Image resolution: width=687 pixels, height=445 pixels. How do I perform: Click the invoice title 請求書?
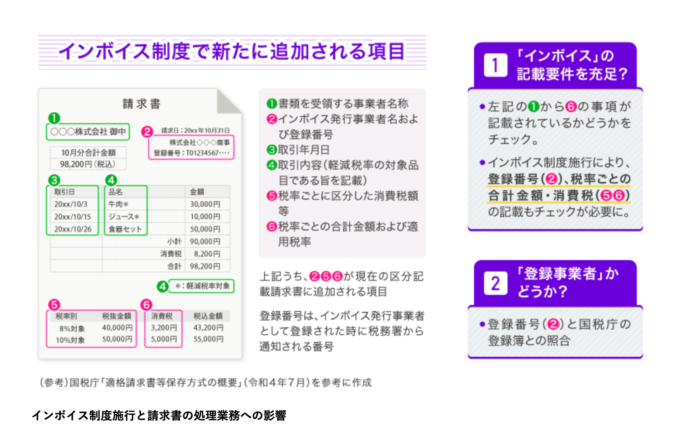[x=141, y=104]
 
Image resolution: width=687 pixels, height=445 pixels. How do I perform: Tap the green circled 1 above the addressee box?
[x=54, y=118]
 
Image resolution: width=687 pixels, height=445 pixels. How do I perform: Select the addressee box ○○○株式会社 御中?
[x=88, y=132]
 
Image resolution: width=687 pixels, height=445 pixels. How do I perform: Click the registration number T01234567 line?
[x=192, y=153]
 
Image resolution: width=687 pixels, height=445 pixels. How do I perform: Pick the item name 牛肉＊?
[x=118, y=204]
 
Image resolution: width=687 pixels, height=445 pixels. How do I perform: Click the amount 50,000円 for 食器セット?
[x=205, y=229]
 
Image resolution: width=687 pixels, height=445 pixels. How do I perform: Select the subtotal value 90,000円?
[x=205, y=241]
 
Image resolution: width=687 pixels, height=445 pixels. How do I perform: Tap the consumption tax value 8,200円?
[x=207, y=254]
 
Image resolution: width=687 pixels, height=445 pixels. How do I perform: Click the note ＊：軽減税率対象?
[x=202, y=286]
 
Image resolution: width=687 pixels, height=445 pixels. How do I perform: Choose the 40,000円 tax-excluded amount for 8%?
[x=117, y=328]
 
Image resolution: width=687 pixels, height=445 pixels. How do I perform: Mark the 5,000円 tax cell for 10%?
[x=164, y=339]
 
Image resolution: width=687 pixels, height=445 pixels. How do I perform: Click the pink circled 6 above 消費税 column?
[x=146, y=305]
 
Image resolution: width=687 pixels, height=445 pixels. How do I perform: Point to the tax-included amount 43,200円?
[x=208, y=328]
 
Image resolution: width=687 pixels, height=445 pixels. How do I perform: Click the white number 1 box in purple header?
[x=495, y=65]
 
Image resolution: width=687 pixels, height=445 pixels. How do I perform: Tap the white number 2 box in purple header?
[x=495, y=283]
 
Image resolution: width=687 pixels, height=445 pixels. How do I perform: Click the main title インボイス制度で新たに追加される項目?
[x=232, y=52]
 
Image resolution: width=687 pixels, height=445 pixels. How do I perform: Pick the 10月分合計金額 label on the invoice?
[x=88, y=152]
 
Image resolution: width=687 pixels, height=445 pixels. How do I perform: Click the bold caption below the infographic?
[x=159, y=416]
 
